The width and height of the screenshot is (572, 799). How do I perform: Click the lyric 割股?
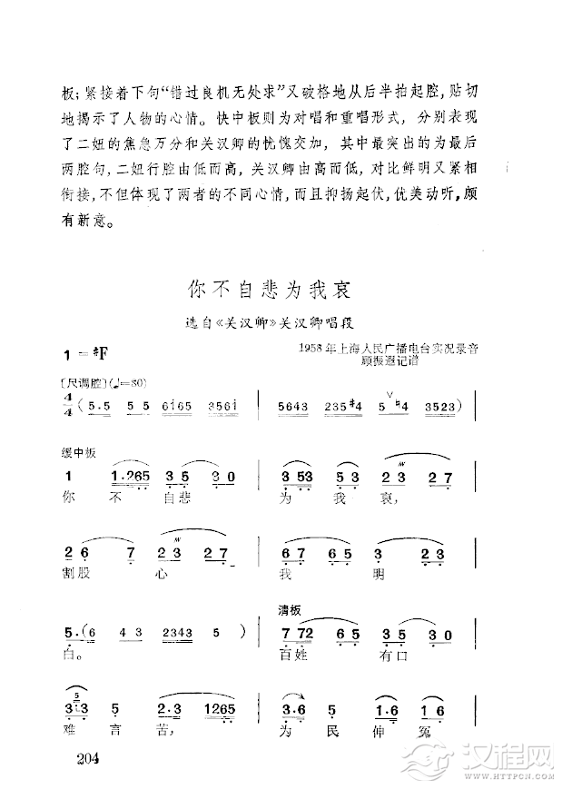(75, 576)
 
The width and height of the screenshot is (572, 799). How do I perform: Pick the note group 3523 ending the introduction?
(439, 406)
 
